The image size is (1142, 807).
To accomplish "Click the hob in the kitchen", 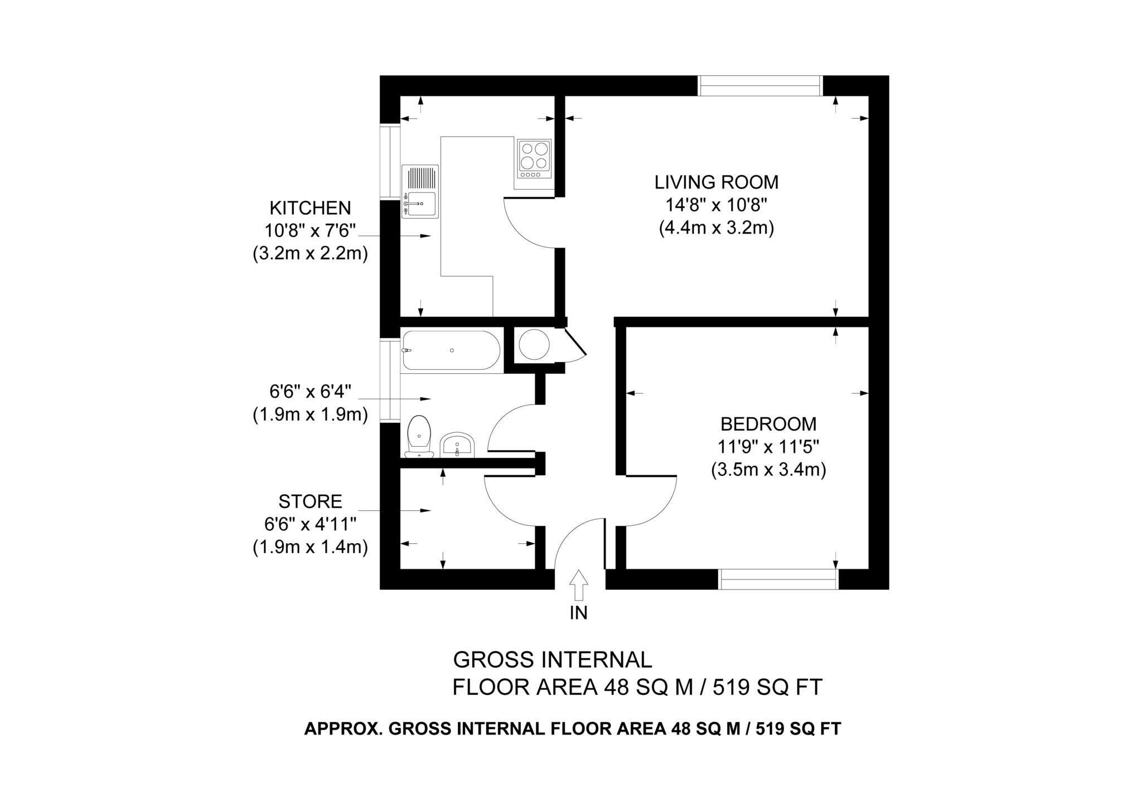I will (534, 159).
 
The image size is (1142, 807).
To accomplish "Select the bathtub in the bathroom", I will (451, 350).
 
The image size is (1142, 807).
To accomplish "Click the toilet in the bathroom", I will (419, 437).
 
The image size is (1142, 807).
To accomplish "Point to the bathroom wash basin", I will (457, 445).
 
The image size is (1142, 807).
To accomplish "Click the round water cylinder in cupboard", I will (534, 344).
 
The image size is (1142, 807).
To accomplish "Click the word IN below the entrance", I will (578, 613).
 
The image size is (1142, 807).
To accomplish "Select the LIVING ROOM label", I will (716, 182).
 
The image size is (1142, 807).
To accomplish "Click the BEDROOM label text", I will (768, 424).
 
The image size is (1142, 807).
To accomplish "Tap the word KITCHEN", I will (310, 208).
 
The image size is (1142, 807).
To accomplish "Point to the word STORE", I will (310, 501).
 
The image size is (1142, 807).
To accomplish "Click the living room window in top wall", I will (759, 86).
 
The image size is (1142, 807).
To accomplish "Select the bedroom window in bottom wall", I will (778, 579).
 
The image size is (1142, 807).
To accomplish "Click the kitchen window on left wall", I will (390, 162).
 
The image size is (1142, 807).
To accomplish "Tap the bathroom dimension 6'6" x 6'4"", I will (310, 392).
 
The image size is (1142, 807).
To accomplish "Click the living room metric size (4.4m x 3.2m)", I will (716, 229).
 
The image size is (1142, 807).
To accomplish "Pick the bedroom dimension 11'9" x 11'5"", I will (768, 447).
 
